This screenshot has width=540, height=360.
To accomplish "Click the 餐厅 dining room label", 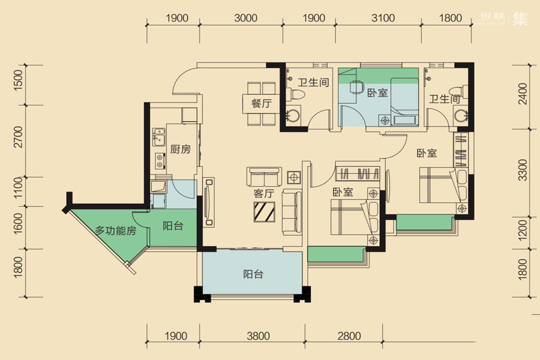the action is pos(262,103).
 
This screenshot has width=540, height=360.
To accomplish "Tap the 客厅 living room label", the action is pos(264,194).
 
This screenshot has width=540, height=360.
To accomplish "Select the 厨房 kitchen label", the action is pos(180,149).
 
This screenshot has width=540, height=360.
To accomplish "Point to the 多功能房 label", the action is pos(116,230).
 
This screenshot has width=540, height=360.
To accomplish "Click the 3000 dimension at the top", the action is pos(245,18).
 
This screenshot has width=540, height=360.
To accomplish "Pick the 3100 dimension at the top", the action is pos(383,18).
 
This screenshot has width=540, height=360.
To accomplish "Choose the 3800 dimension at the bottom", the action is pos(258,336).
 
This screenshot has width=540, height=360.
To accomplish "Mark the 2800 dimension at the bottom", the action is pos(349,336).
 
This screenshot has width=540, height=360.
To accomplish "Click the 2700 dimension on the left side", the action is pos(18,137).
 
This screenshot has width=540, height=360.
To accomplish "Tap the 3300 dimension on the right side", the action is pos(523,170).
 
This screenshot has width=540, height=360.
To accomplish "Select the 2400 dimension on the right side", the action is pos(523,94).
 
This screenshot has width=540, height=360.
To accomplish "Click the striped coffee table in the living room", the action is pos(265,212).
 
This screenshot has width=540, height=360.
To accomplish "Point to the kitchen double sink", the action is pos(159,137).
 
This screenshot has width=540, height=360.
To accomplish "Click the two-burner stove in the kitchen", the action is pos(160,161).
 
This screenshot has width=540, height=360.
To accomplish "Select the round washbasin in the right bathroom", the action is pos(460,115).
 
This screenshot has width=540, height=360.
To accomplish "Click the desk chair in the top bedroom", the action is pos(357,87).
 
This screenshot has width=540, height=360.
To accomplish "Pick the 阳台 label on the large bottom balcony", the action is pos(253,274).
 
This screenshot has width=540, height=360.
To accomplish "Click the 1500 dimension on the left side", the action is pos(18,80).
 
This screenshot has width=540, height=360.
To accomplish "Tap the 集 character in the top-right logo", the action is pos(520,19).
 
